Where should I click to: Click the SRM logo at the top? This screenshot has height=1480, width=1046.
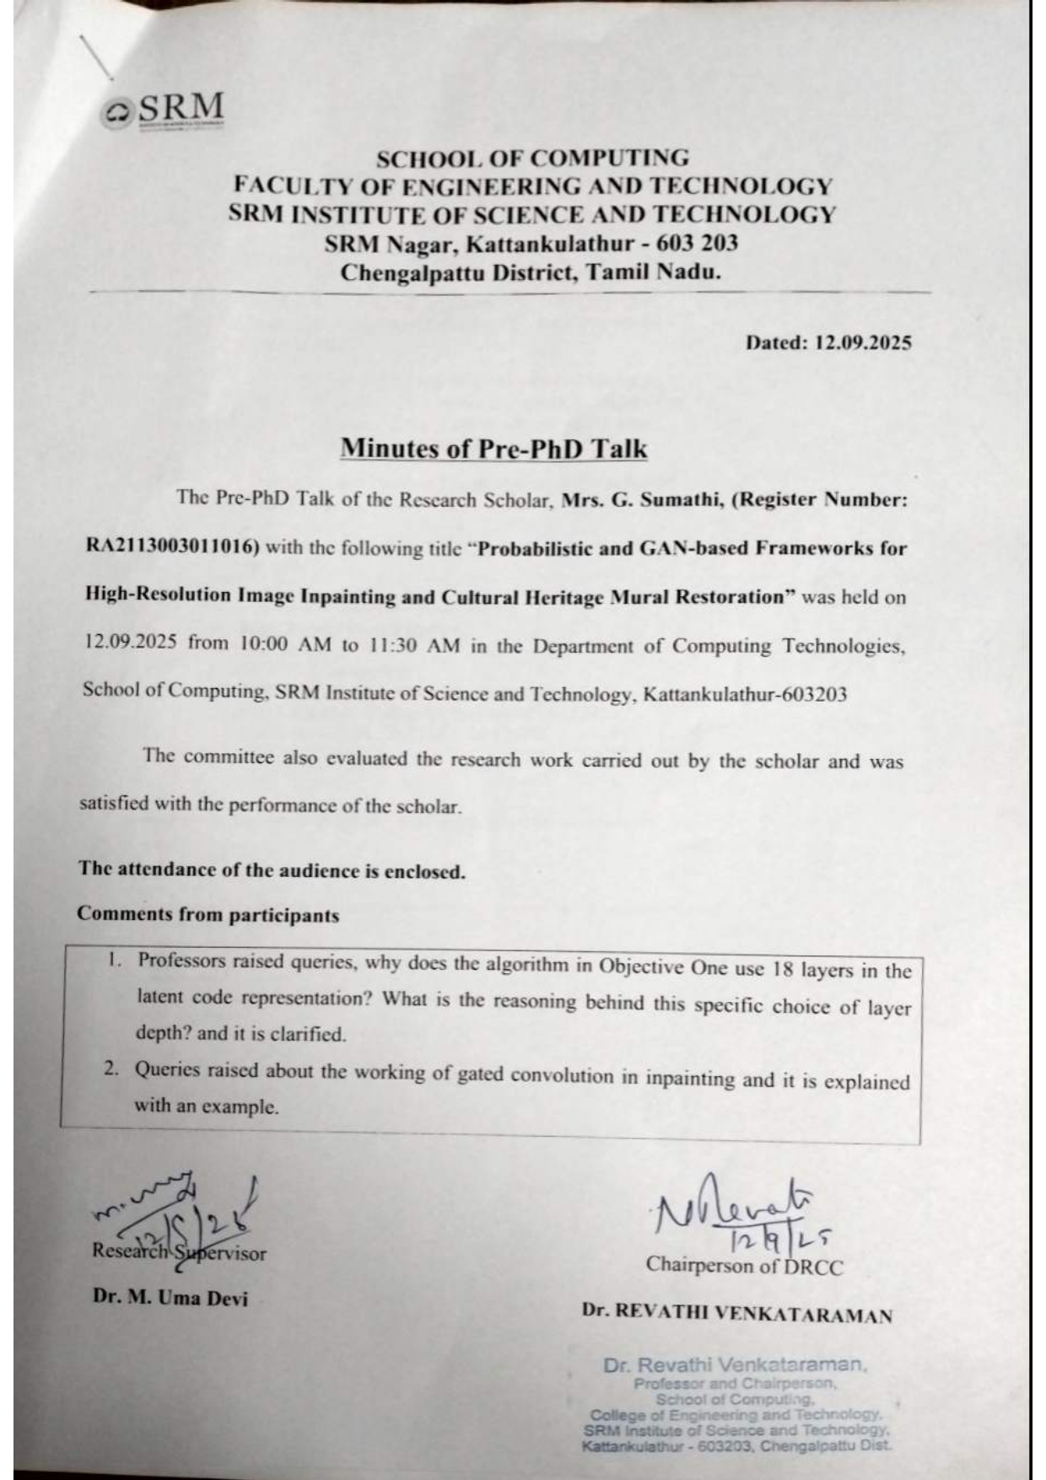(x=164, y=110)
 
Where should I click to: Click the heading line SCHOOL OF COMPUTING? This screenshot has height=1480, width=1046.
(x=531, y=159)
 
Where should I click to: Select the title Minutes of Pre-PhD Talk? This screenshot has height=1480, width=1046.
(x=493, y=448)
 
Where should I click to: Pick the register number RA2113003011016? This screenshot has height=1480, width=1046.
(x=171, y=546)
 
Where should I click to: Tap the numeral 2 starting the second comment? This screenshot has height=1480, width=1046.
(x=110, y=1069)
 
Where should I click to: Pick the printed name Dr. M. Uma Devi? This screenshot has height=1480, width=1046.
(x=170, y=1297)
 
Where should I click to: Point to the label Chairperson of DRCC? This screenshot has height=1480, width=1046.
(x=744, y=1265)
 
